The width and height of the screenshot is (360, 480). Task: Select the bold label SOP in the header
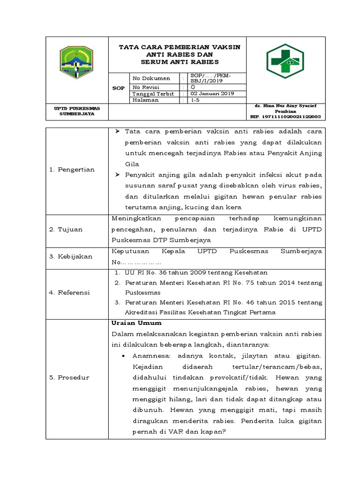click(x=119, y=88)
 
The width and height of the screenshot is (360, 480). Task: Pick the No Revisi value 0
click(x=193, y=87)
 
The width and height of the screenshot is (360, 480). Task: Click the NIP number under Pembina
click(x=285, y=116)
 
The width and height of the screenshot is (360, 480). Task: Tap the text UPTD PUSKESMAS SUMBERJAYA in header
click(x=77, y=111)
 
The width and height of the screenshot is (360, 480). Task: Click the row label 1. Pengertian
click(x=72, y=169)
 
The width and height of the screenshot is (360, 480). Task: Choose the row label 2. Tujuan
click(x=66, y=229)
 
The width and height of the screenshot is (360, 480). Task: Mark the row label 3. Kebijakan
click(x=71, y=256)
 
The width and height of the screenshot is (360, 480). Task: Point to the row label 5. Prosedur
click(x=69, y=377)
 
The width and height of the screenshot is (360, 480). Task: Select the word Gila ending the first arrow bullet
click(x=132, y=164)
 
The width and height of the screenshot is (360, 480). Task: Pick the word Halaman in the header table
click(x=145, y=100)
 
